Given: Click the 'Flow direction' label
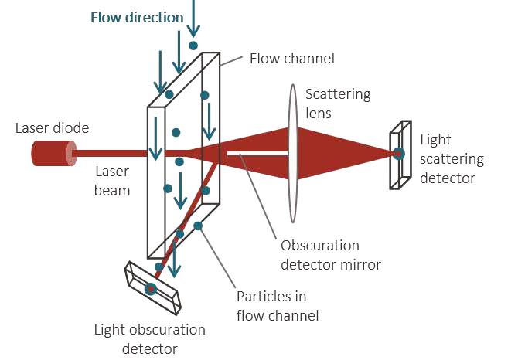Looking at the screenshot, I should [x=137, y=17].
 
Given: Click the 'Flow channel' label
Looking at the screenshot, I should [x=291, y=58].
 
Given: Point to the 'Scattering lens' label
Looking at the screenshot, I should [x=338, y=103].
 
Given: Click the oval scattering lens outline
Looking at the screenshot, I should [x=293, y=154].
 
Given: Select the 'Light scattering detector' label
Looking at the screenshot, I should [x=452, y=159].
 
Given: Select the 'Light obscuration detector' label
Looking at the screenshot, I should [x=150, y=339].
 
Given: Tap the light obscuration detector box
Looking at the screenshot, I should [x=152, y=287].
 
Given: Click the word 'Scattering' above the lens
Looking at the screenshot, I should [x=338, y=94].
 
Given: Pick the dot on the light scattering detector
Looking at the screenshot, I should [x=398, y=153].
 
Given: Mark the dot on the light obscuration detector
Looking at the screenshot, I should [x=151, y=289].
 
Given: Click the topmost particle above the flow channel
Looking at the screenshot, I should [x=182, y=46].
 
